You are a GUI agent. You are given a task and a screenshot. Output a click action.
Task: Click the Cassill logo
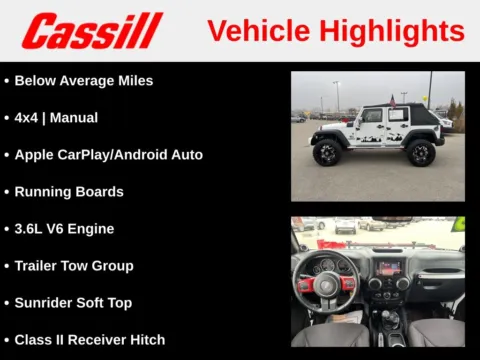coord(92,31)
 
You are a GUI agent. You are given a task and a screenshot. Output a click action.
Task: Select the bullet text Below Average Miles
coord(84,81)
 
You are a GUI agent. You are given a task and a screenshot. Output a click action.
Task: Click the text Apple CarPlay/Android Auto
coord(108,155)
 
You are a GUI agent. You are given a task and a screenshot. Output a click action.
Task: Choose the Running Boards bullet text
coord(69,192)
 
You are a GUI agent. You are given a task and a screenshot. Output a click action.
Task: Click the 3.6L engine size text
coord(33,229)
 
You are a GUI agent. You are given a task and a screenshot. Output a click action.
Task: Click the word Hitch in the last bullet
coord(145,340)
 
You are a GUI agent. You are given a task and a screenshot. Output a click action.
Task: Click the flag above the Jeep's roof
coord(403,98)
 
